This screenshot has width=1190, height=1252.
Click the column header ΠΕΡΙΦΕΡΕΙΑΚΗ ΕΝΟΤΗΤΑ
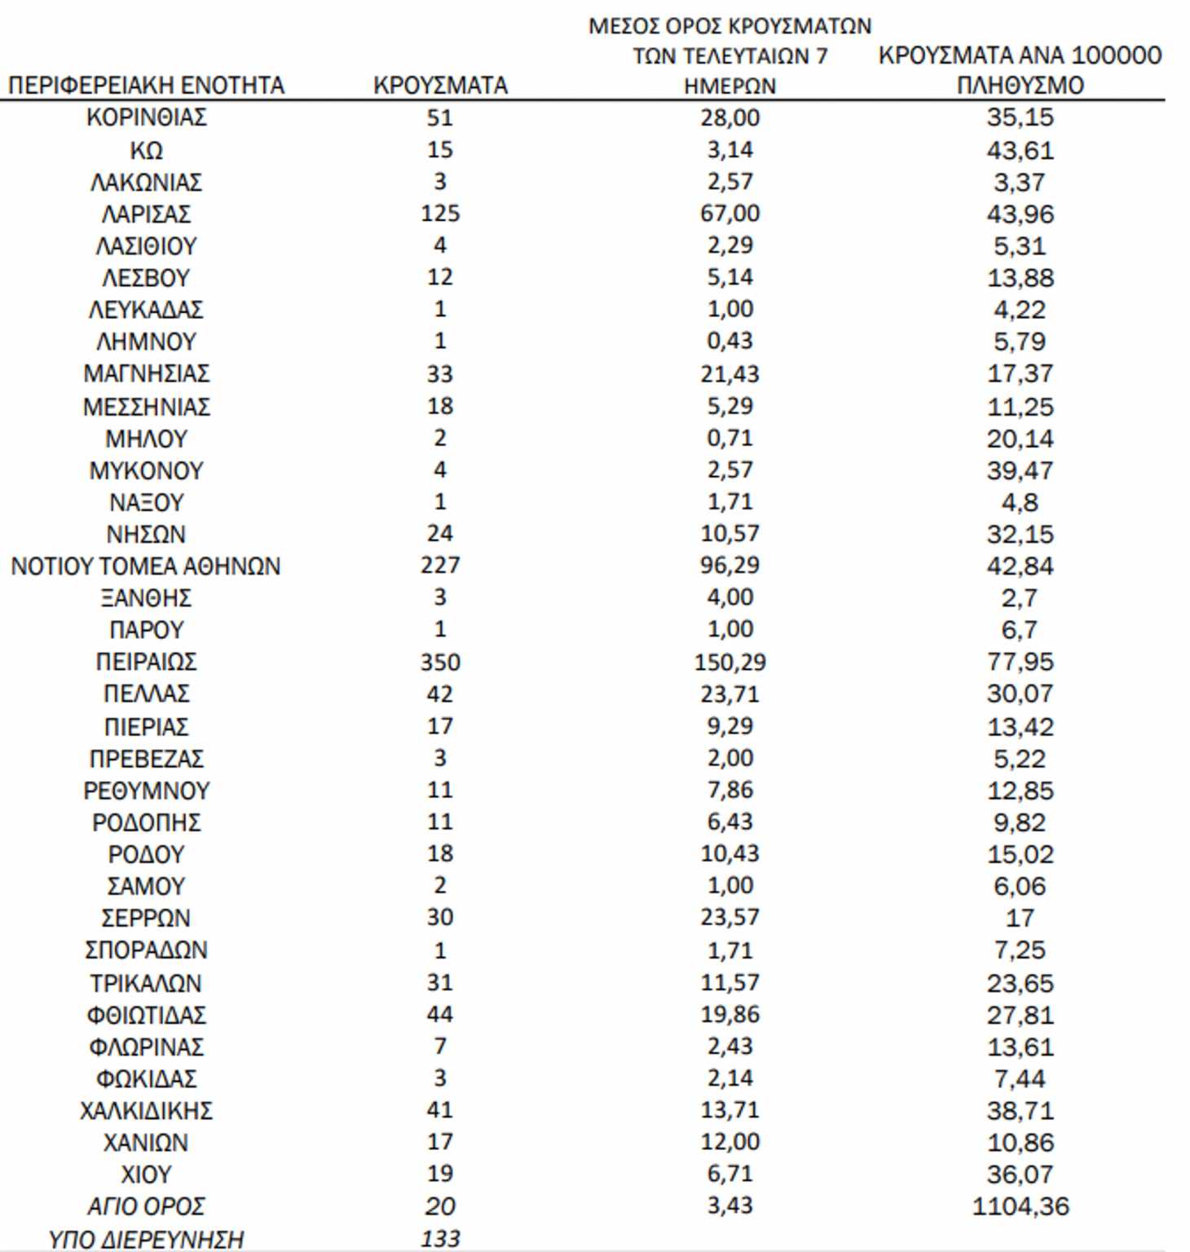pyautogui.click(x=146, y=85)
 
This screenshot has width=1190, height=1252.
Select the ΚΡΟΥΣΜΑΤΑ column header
pyautogui.click(x=440, y=85)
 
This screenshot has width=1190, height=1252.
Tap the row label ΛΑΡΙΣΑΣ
pyautogui.click(x=146, y=214)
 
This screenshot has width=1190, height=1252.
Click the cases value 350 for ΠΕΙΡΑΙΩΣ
pyautogui.click(x=440, y=661)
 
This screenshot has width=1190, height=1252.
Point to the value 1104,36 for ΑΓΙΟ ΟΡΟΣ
pyautogui.click(x=1020, y=1206)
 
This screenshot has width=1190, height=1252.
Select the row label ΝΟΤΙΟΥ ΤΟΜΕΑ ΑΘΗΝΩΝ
pyautogui.click(x=146, y=566)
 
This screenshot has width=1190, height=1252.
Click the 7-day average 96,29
pyautogui.click(x=729, y=565)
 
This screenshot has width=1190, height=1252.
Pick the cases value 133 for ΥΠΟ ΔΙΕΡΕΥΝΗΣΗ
pyautogui.click(x=440, y=1238)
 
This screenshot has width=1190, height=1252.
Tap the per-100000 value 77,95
pyautogui.click(x=1020, y=661)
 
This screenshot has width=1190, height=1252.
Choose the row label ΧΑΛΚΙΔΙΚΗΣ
pyautogui.click(x=146, y=1110)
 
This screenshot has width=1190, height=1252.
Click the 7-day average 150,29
pyautogui.click(x=729, y=661)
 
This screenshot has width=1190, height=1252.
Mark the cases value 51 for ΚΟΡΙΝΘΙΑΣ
pyautogui.click(x=440, y=117)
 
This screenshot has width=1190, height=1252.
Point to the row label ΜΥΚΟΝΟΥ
pyautogui.click(x=146, y=470)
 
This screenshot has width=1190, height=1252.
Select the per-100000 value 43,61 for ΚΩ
pyautogui.click(x=1020, y=150)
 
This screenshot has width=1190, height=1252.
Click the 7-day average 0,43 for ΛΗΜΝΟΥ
pyautogui.click(x=729, y=341)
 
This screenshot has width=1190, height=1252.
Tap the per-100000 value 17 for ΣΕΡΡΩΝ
pyautogui.click(x=1020, y=918)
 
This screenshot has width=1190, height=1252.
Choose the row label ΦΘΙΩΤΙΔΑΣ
pyautogui.click(x=146, y=1015)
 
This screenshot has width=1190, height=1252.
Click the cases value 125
pyautogui.click(x=440, y=214)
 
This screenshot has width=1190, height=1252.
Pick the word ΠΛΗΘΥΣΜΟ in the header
pyautogui.click(x=1020, y=85)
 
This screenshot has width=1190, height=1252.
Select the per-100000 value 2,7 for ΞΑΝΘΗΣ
pyautogui.click(x=1020, y=597)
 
